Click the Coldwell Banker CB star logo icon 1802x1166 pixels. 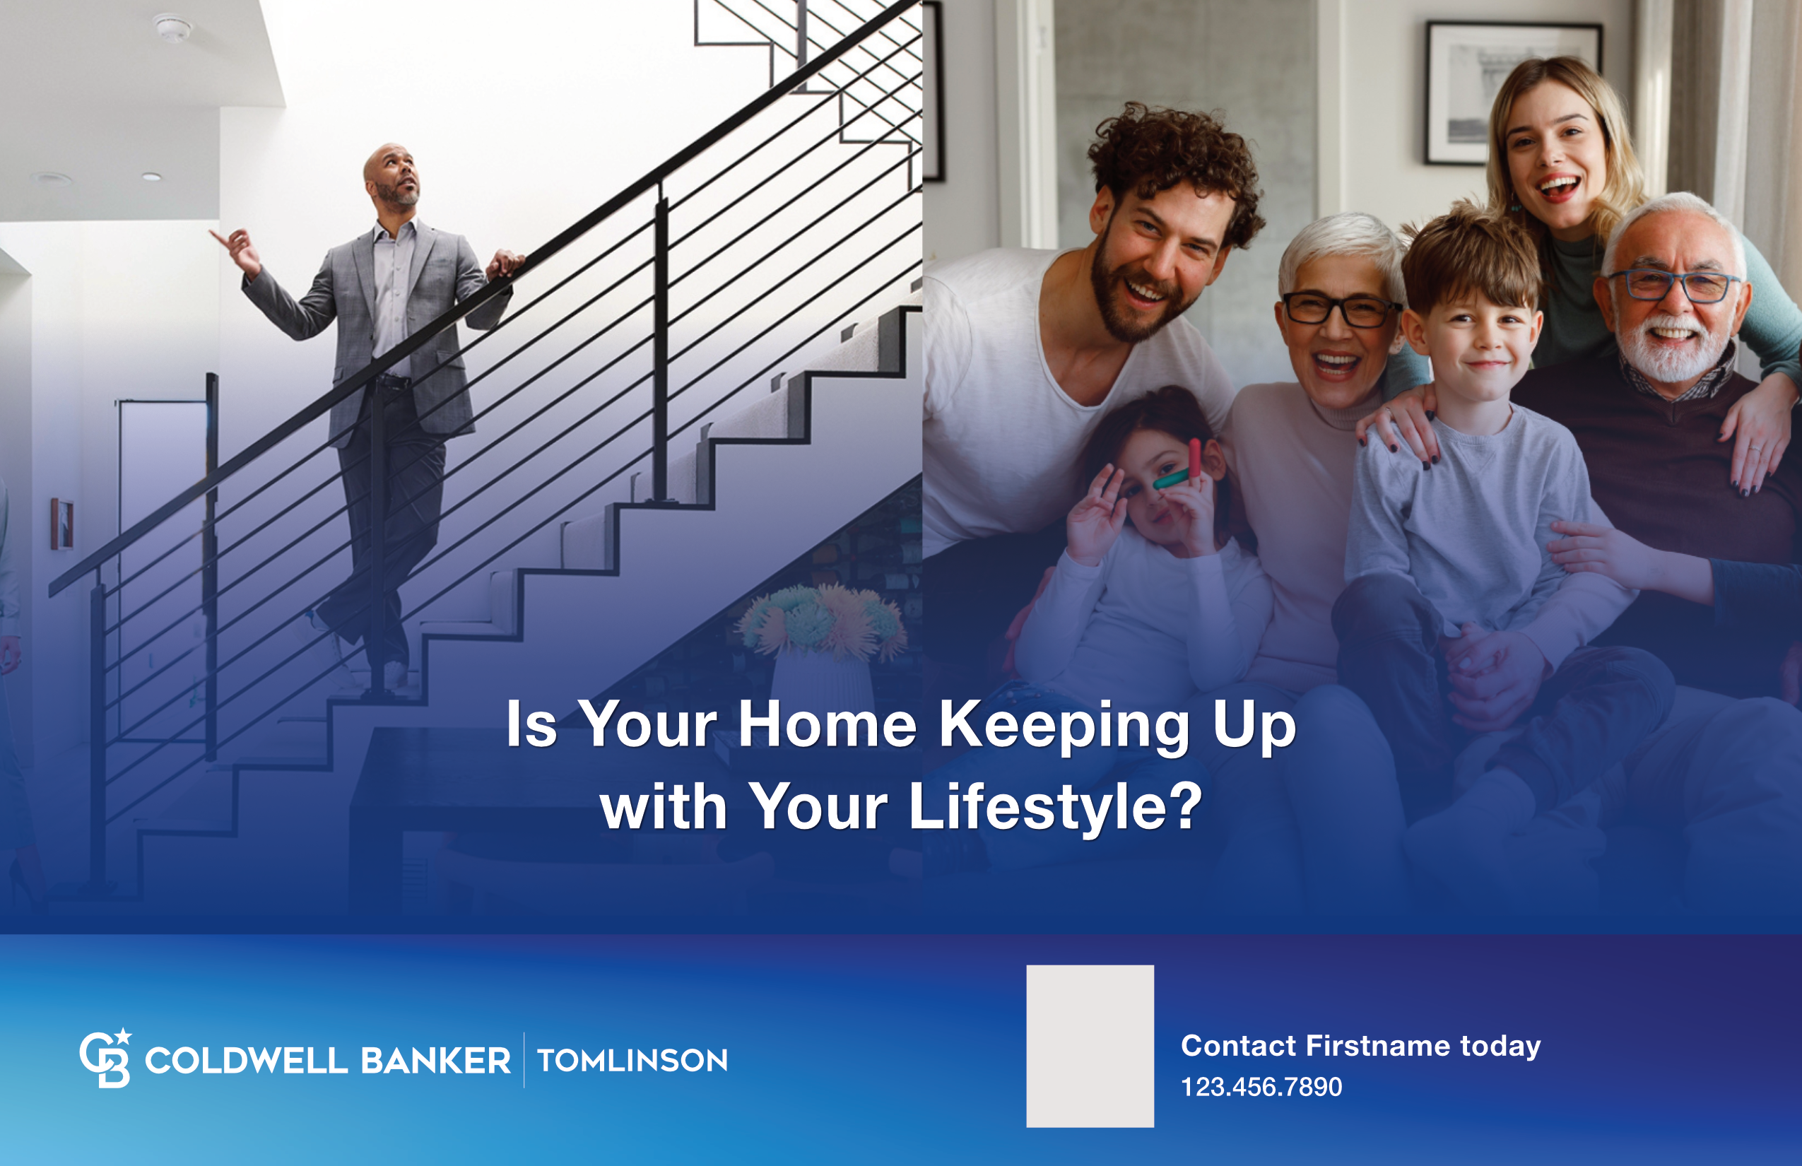click(x=105, y=1058)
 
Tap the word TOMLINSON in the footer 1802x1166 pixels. click(x=632, y=1061)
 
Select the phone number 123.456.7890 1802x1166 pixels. click(x=1261, y=1088)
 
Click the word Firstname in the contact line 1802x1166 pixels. click(x=1379, y=1046)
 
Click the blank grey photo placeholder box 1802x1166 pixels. click(x=1090, y=1046)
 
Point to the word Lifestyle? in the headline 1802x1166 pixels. click(x=1054, y=806)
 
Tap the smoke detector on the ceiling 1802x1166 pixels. click(x=173, y=29)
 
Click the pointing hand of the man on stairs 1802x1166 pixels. click(x=237, y=249)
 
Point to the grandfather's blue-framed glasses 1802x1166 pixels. click(x=1675, y=286)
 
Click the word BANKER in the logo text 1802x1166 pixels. click(x=435, y=1061)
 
